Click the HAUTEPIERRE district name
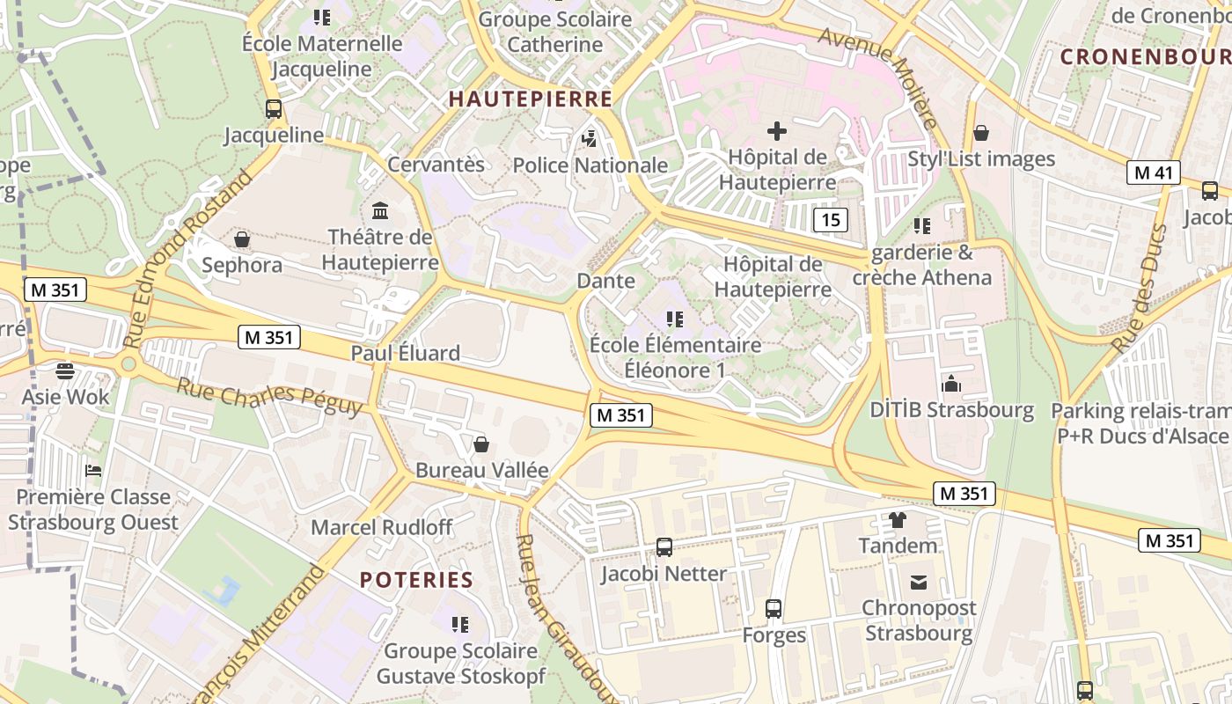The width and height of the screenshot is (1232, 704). coord(531,99)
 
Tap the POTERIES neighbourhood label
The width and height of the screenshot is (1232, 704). coord(417,579)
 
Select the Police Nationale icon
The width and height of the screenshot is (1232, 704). coord(589,138)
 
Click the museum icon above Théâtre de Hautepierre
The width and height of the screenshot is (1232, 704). coord(380,210)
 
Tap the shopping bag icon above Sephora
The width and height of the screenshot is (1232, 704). coord(242,238)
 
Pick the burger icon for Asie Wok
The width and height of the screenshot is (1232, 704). coord(65,370)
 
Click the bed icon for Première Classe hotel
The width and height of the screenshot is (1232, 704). coord(92,471)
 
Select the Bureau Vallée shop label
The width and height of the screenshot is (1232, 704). coord(481,470)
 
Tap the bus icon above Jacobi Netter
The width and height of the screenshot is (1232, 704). coord(664,547)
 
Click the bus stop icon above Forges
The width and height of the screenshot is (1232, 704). coord(774,608)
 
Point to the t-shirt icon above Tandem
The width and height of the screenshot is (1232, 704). coord(898,519)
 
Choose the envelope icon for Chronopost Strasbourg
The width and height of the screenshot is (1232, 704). coord(919,582)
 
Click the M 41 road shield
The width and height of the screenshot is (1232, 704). coord(1153,172)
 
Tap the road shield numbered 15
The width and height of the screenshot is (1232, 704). coord(831,219)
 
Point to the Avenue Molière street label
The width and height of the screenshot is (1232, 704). coord(881,75)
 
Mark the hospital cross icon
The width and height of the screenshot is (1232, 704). coord(776,131)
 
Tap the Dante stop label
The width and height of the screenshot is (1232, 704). coord(605,281)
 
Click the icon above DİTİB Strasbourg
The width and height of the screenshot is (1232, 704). coord(951,384)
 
